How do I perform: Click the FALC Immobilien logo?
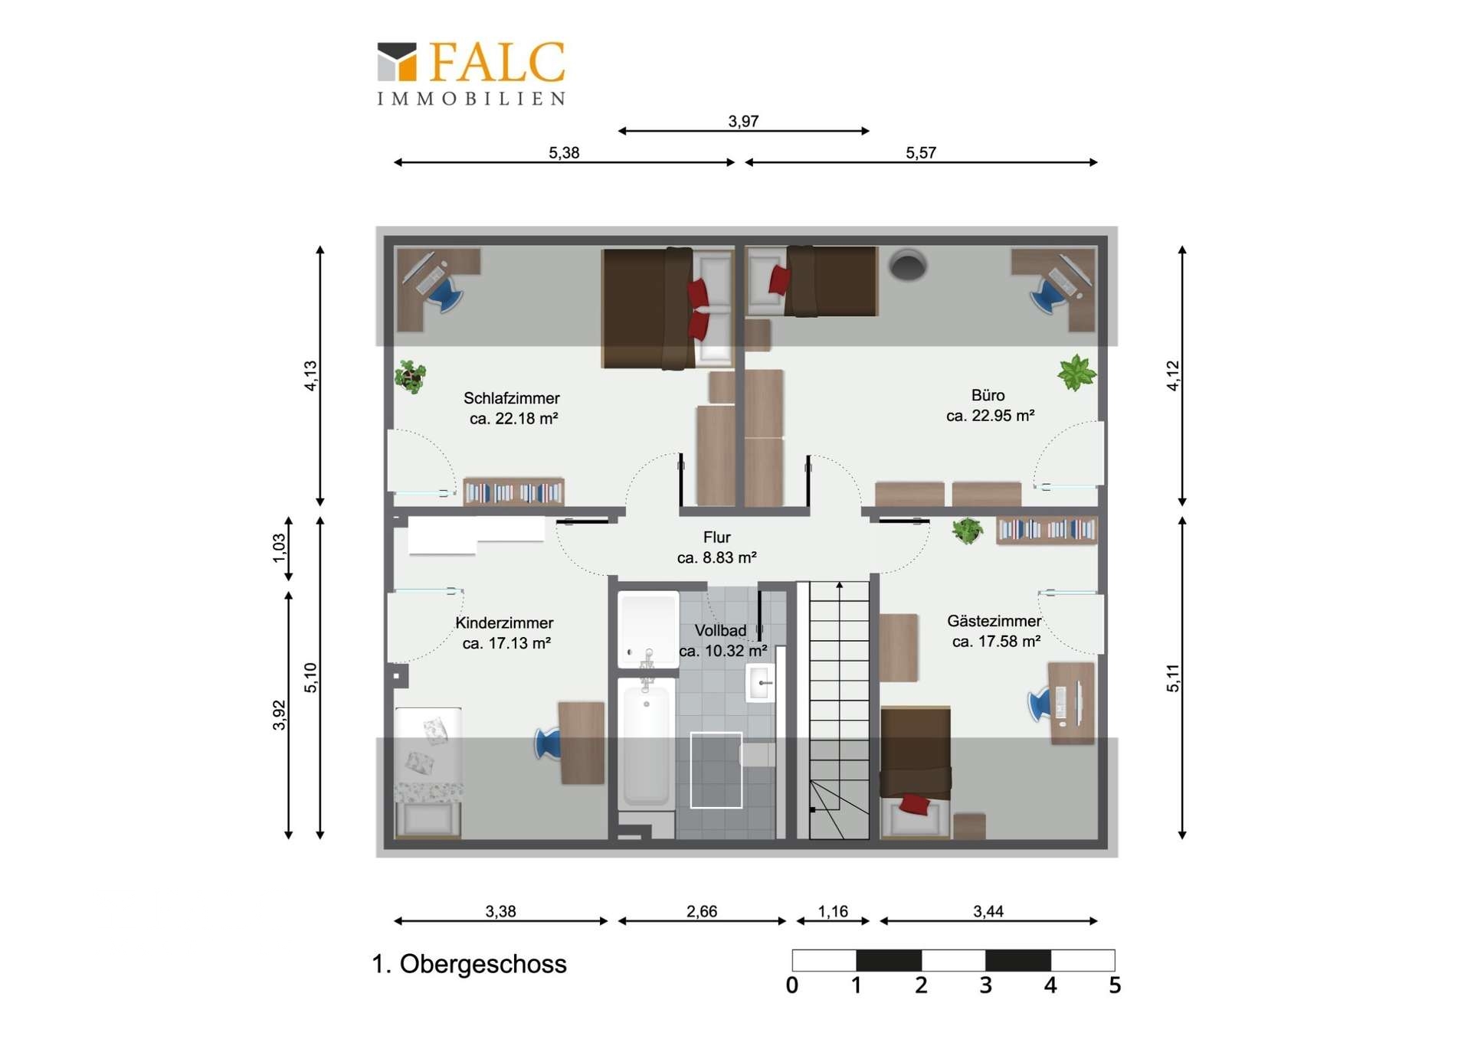(x=471, y=74)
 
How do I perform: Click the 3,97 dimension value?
(x=743, y=121)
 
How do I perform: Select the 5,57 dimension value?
(x=921, y=152)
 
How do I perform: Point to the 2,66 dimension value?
(x=702, y=911)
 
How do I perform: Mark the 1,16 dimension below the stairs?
(x=833, y=911)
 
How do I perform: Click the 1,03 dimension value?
(x=279, y=548)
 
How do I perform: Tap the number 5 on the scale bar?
(x=1115, y=985)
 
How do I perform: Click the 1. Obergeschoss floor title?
(x=469, y=964)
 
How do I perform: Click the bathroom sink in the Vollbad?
(x=760, y=682)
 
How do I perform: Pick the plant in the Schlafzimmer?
(x=411, y=377)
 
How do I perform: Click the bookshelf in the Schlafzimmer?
(x=513, y=492)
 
